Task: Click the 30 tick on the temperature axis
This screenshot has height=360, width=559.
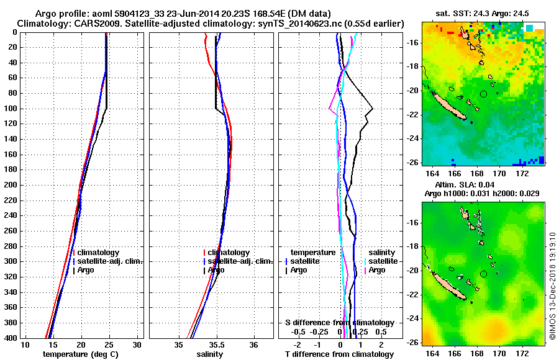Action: tap(137, 344)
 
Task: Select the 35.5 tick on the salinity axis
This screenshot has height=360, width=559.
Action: tap(216, 344)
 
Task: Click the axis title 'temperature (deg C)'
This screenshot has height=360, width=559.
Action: tap(80, 354)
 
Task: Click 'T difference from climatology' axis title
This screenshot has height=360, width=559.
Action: tap(340, 354)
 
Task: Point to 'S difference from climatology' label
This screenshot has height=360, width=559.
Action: tap(340, 323)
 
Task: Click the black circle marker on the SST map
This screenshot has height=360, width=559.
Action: tap(484, 94)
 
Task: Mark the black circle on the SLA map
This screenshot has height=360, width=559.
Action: tap(484, 274)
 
